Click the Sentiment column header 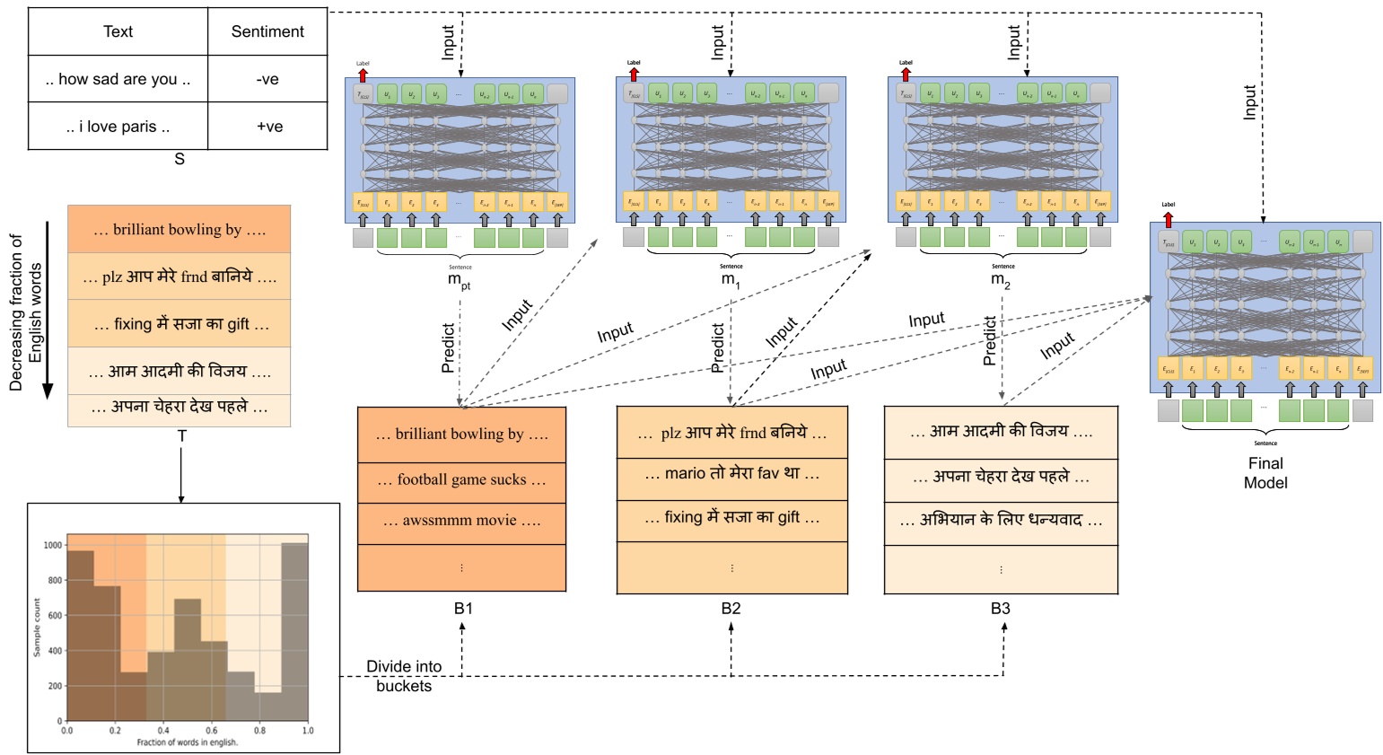click(x=267, y=31)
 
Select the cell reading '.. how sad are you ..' click(x=118, y=79)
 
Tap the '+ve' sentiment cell click(x=268, y=127)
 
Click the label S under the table click(x=179, y=159)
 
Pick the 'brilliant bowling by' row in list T click(x=179, y=230)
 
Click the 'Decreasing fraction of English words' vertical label click(x=26, y=312)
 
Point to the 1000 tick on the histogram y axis click(x=53, y=545)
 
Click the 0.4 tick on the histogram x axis click(x=163, y=731)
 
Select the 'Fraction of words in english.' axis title click(x=187, y=742)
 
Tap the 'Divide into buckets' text click(x=404, y=676)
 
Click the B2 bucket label click(x=731, y=609)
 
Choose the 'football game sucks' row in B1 click(x=461, y=480)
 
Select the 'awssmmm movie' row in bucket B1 click(x=461, y=521)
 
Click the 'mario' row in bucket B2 click(x=731, y=474)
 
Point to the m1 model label click(x=731, y=280)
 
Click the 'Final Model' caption click(x=1265, y=473)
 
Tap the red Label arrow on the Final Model click(x=1168, y=218)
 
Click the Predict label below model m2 click(x=990, y=342)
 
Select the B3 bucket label click(x=1000, y=609)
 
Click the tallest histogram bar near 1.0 click(x=294, y=628)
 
